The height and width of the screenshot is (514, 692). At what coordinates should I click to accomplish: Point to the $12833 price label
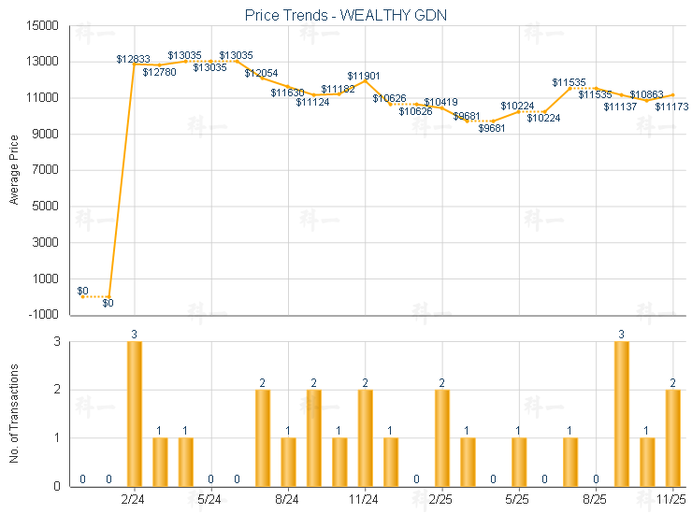tap(133, 58)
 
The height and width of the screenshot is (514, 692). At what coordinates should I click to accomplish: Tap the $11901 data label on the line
tap(364, 75)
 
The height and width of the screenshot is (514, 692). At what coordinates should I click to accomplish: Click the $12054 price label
tap(261, 73)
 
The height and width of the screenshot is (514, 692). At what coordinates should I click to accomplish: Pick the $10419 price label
tap(440, 101)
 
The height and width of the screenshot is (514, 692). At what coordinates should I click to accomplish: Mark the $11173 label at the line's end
tap(671, 107)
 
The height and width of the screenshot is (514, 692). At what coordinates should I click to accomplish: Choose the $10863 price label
tap(646, 94)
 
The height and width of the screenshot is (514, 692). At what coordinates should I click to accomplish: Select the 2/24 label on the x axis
tap(134, 500)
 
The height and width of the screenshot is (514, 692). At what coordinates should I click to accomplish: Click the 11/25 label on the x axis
tap(672, 500)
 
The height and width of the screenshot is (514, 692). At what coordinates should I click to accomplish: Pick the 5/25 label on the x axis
tap(518, 500)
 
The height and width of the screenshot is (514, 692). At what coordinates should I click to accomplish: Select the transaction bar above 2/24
tap(135, 414)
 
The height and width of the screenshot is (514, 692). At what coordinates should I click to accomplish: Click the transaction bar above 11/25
tap(672, 437)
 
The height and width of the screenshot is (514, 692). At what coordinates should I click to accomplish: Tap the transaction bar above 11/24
tap(365, 437)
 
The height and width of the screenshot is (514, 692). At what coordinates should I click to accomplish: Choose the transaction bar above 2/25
tap(441, 437)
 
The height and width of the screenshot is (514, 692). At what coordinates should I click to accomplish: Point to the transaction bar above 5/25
tap(518, 462)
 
